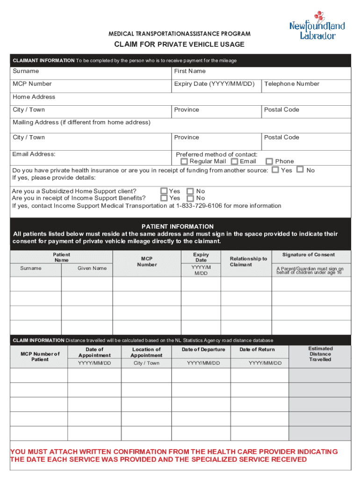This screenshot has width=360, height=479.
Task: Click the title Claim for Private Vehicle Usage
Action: click(180, 44)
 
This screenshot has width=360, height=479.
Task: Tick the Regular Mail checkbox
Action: click(184, 161)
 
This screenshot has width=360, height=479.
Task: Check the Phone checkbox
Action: click(269, 161)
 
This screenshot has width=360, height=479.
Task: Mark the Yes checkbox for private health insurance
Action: click(275, 170)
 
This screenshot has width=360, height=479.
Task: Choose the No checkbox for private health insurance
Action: click(301, 170)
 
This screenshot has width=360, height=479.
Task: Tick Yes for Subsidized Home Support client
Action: click(164, 191)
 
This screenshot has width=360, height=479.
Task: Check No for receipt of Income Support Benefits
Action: click(190, 198)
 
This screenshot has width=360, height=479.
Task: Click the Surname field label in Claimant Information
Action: click(26, 71)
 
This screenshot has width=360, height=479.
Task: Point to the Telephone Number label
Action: click(292, 84)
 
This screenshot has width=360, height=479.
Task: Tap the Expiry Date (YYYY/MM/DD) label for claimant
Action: click(214, 84)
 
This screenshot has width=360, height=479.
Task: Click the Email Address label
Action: click(34, 154)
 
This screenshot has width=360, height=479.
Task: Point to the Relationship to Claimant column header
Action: click(248, 261)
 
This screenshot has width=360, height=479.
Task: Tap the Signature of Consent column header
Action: click(309, 254)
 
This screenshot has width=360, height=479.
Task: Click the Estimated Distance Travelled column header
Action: click(320, 354)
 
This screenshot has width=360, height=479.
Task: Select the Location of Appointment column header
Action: click(146, 352)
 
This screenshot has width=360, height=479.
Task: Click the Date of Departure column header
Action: click(203, 349)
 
